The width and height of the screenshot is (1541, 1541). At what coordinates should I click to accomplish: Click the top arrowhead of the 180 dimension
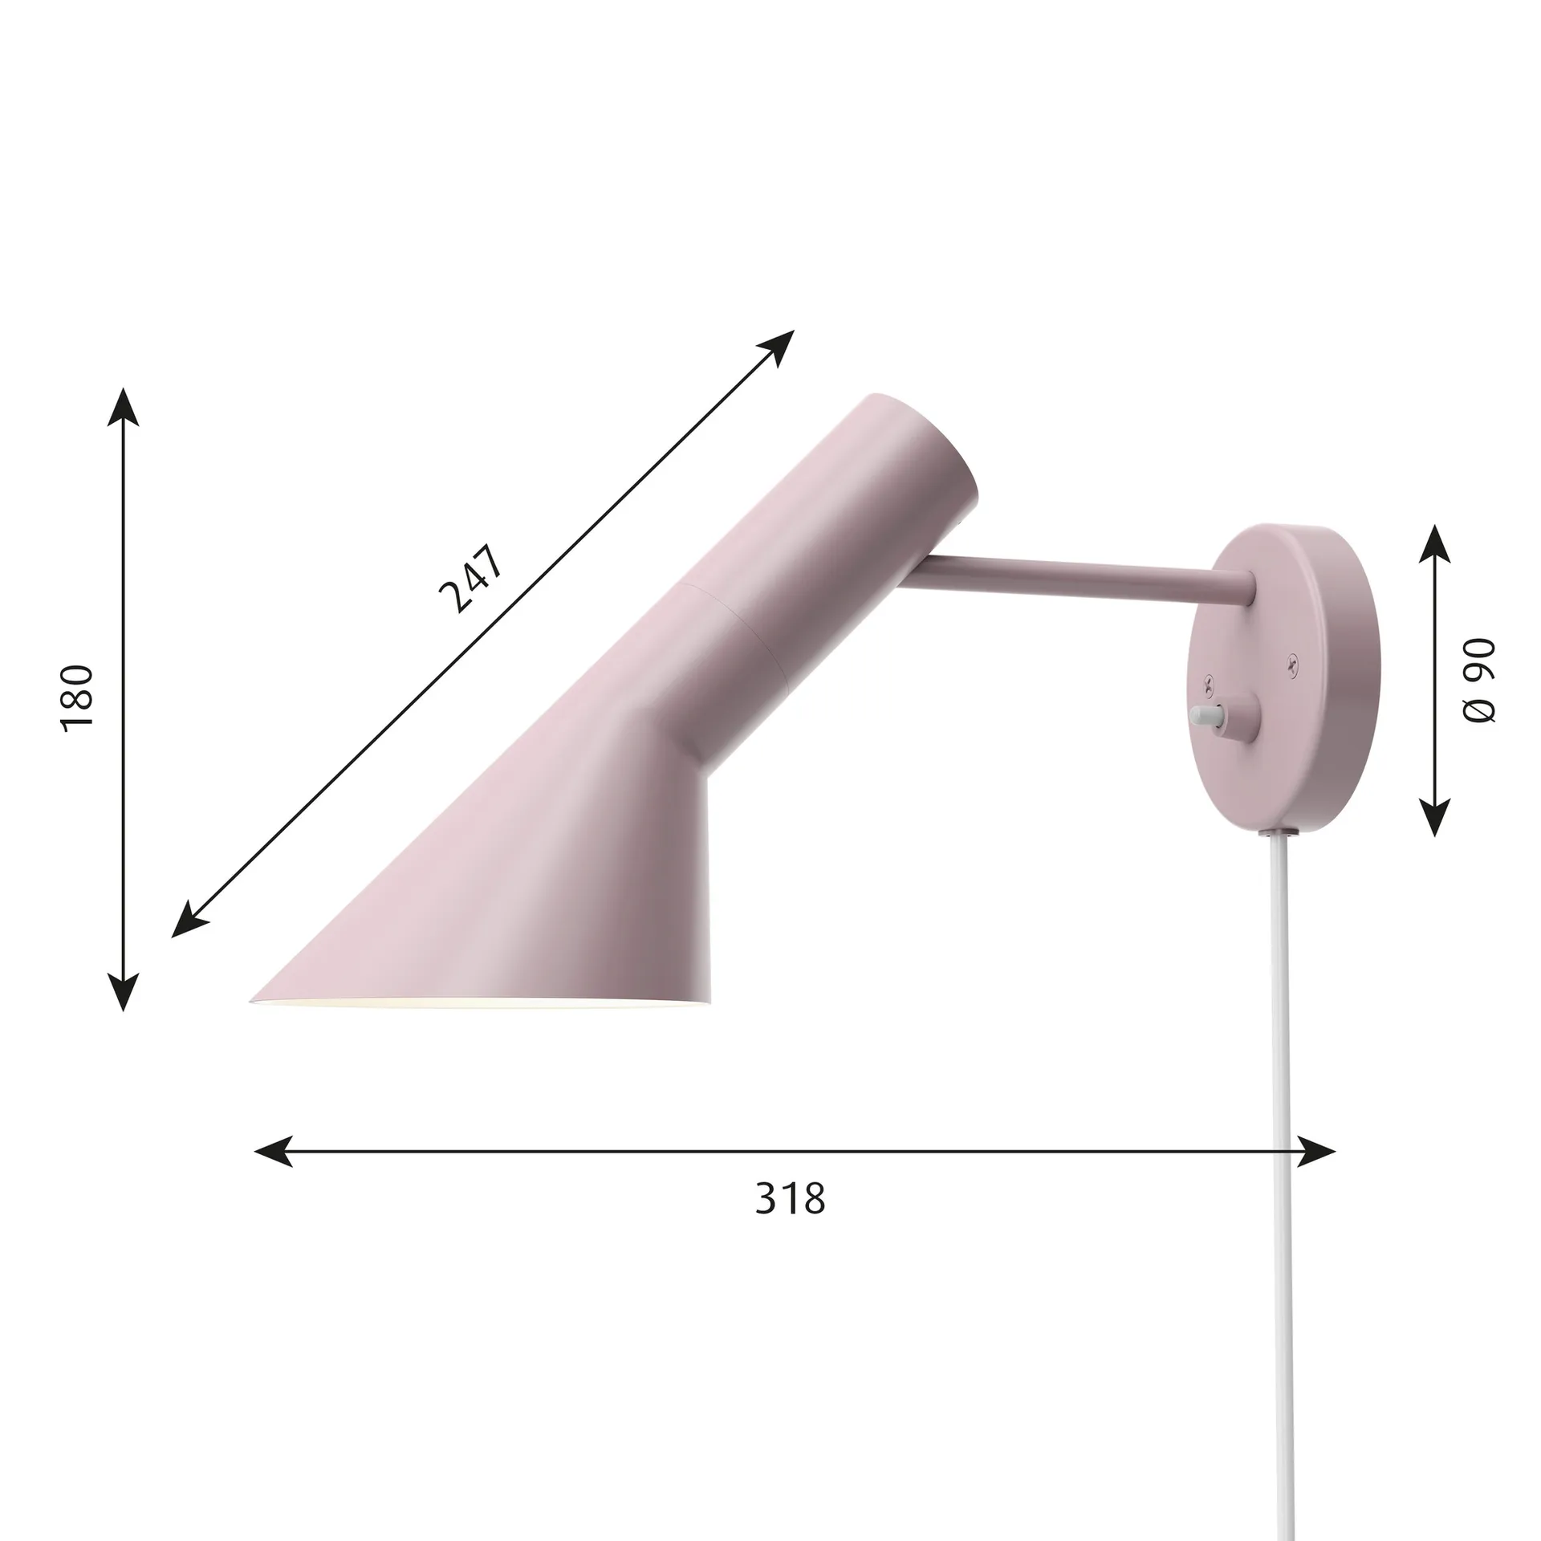[123, 405]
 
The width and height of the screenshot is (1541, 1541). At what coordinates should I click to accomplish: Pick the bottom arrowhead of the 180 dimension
[123, 993]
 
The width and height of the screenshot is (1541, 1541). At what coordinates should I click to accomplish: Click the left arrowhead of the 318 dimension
[273, 1151]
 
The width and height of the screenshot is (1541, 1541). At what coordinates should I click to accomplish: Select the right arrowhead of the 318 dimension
[1317, 1151]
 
